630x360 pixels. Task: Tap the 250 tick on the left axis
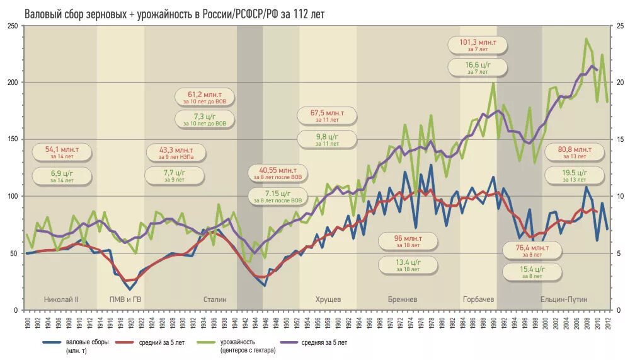(12, 26)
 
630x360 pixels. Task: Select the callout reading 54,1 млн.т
(61, 153)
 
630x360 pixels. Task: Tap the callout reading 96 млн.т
(408, 242)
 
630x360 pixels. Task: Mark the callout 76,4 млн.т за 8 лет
(532, 250)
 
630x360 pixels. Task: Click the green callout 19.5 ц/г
(574, 175)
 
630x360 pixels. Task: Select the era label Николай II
(61, 299)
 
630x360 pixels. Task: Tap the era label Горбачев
(478, 299)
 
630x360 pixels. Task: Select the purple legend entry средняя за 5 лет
(324, 342)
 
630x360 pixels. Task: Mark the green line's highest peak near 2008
(587, 39)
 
